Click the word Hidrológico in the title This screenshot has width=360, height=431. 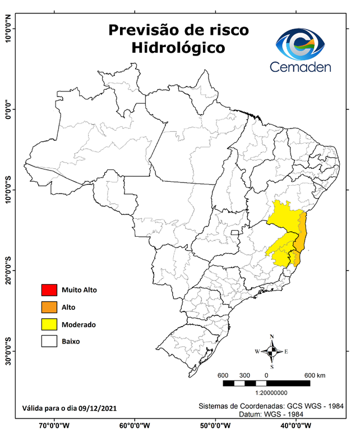coord(178,48)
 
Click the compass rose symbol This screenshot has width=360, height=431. coord(271,351)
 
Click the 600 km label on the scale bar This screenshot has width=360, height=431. coord(313,375)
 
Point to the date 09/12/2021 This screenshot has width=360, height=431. coord(98,407)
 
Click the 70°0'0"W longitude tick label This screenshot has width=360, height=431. coord(55,425)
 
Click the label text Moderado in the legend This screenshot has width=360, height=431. coord(79,324)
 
